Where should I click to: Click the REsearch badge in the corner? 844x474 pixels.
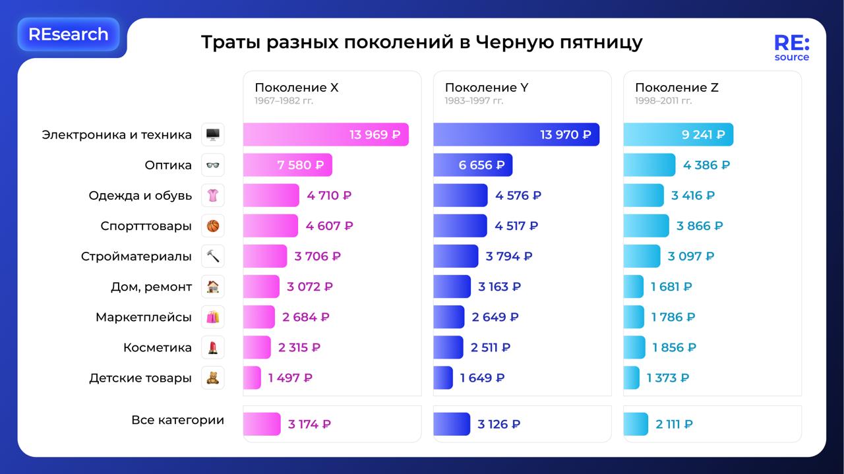pyautogui.click(x=68, y=34)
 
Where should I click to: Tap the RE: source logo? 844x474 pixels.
pyautogui.click(x=791, y=48)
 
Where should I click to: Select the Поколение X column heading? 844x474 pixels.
pyautogui.click(x=296, y=88)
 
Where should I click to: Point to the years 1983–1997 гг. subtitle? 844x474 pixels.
pyautogui.click(x=473, y=101)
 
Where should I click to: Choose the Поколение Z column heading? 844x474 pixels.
pyautogui.click(x=677, y=88)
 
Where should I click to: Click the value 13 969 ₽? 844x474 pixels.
pyautogui.click(x=375, y=134)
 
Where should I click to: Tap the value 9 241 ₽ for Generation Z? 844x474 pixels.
pyautogui.click(x=703, y=134)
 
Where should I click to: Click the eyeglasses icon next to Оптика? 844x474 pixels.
pyautogui.click(x=212, y=165)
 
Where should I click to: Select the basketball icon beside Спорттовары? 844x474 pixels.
pyautogui.click(x=212, y=225)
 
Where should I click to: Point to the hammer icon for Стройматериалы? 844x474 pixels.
pyautogui.click(x=212, y=256)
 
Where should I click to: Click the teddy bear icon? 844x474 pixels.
pyautogui.click(x=212, y=378)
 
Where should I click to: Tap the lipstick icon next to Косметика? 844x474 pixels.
pyautogui.click(x=212, y=347)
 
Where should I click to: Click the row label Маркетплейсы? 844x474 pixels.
pyautogui.click(x=143, y=317)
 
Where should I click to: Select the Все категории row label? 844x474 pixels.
pyautogui.click(x=177, y=420)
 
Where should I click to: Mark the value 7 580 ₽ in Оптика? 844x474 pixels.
pyautogui.click(x=300, y=165)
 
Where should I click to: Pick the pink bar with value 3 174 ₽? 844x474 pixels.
pyautogui.click(x=262, y=424)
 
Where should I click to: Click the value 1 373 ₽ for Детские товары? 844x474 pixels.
pyautogui.click(x=667, y=378)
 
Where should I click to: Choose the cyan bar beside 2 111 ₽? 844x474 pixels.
pyautogui.click(x=636, y=424)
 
